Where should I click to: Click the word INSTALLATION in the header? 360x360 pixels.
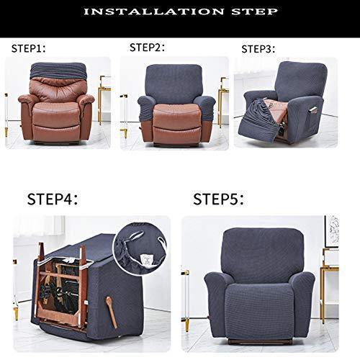point(154,12)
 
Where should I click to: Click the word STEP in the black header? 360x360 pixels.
point(254,12)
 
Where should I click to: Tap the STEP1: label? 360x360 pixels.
point(28,48)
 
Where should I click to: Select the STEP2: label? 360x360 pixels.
point(147,48)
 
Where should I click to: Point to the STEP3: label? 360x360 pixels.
point(258,49)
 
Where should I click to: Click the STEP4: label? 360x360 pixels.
point(53,199)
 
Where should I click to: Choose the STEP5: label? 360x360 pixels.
point(218,199)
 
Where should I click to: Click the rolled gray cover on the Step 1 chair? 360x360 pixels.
point(58,71)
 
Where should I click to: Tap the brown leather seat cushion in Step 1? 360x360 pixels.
point(57,113)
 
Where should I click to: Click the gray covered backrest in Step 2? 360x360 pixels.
point(174,83)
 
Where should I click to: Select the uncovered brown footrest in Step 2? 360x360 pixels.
point(177,134)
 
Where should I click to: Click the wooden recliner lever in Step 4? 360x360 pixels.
point(112,312)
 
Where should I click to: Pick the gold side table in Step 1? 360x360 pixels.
point(104,99)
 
